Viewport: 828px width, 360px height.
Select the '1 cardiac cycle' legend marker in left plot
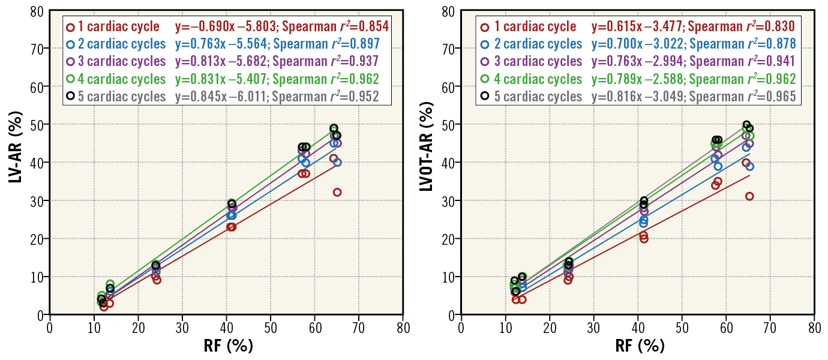(71, 26)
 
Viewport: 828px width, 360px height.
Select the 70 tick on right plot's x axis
(770, 329)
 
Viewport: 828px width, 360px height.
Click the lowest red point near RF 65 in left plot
(337, 193)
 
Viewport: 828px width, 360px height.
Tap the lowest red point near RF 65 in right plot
(749, 196)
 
